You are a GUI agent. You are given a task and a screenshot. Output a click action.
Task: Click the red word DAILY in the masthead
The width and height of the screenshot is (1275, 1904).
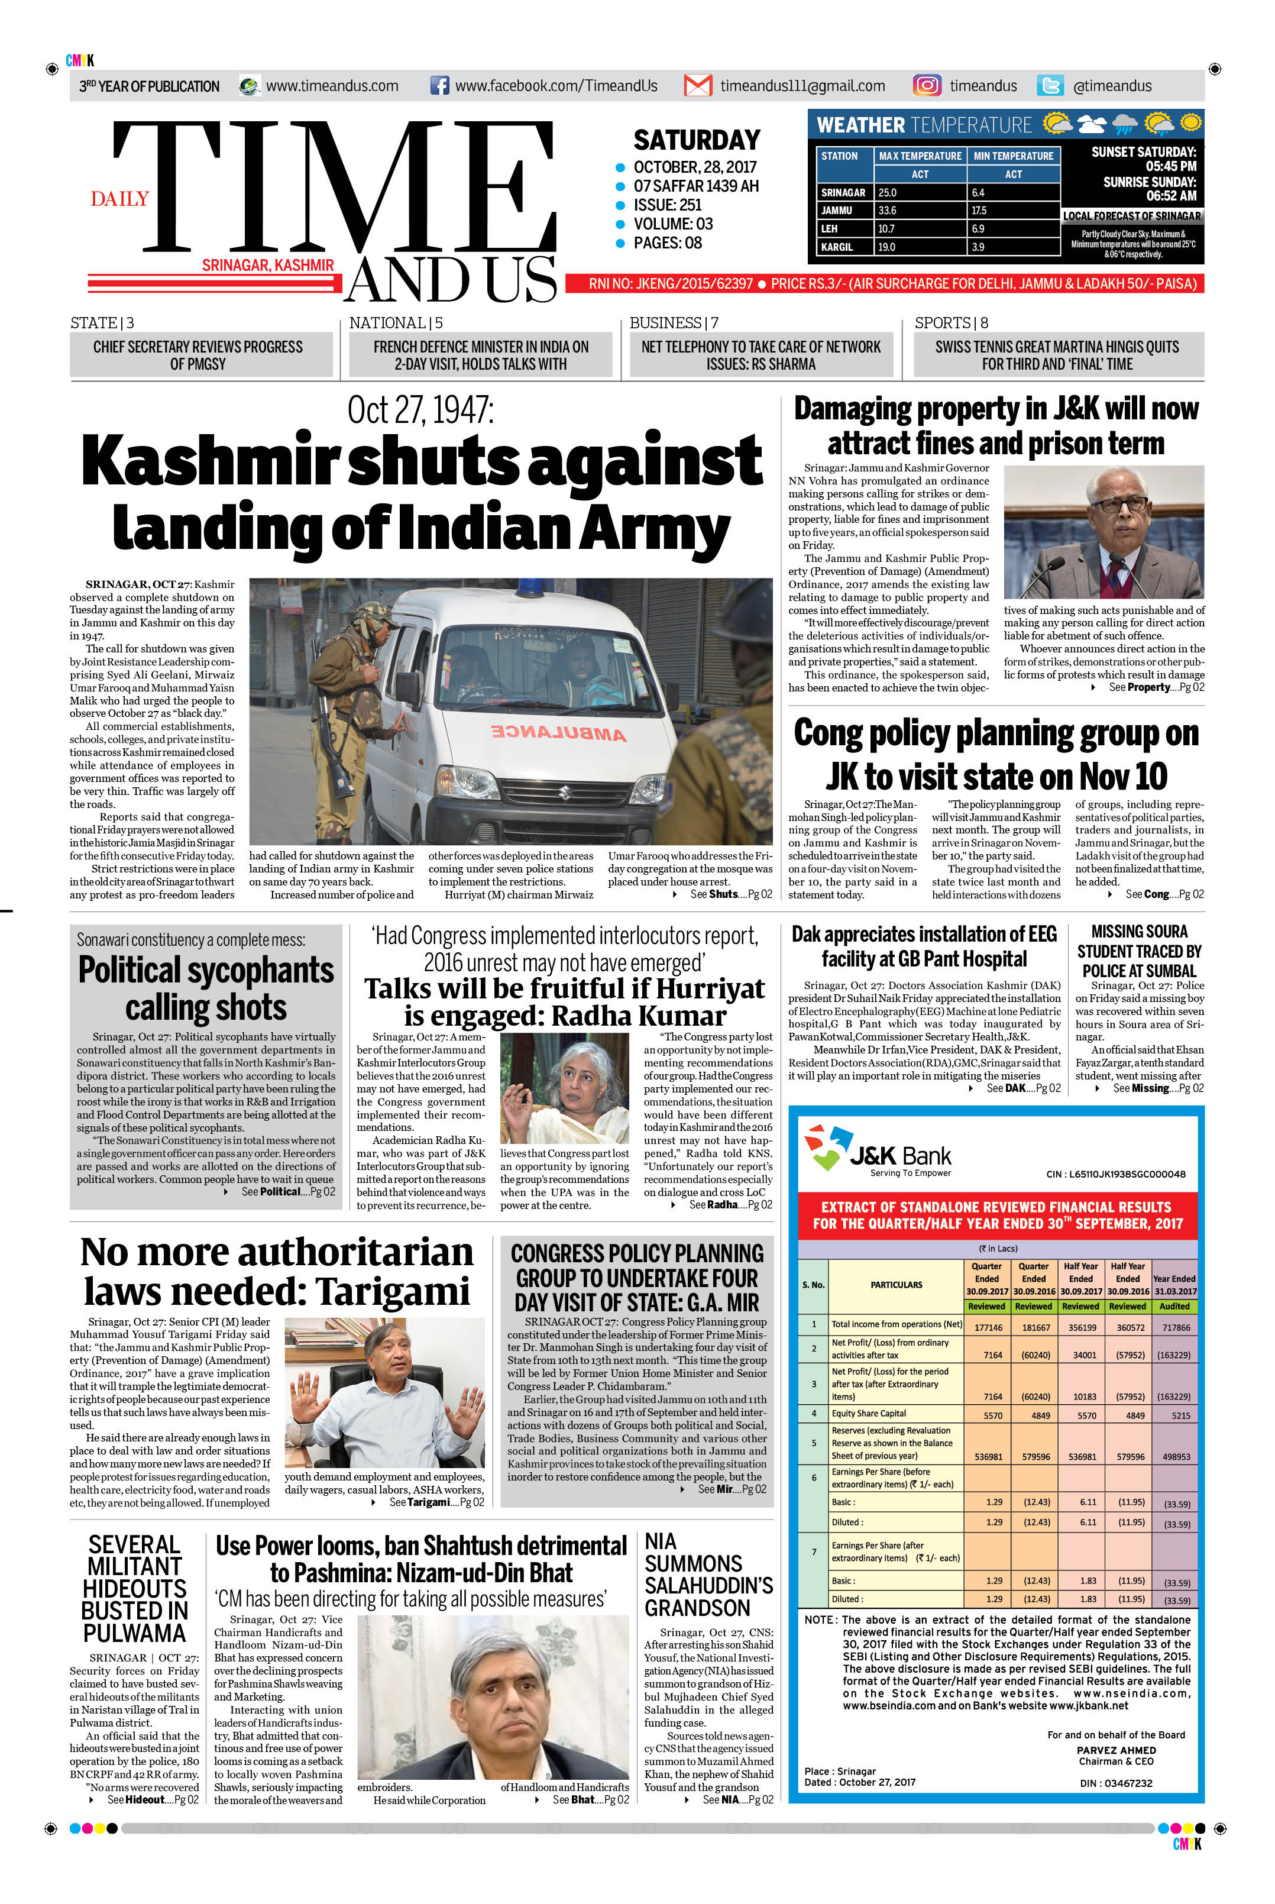click(119, 199)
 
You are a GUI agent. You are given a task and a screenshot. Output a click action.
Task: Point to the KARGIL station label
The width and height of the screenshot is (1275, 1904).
click(837, 247)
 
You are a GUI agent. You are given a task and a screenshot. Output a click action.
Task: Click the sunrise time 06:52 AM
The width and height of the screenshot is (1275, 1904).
click(1171, 196)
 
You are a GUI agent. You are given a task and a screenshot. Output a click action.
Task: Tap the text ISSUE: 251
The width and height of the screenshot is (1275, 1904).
click(667, 205)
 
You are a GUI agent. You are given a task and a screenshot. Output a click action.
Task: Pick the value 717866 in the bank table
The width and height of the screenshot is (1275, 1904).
click(1176, 1327)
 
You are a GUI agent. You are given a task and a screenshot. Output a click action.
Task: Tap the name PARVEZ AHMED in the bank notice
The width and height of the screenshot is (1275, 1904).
click(1115, 1750)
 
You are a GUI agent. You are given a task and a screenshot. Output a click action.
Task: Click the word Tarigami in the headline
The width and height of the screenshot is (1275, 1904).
click(394, 1292)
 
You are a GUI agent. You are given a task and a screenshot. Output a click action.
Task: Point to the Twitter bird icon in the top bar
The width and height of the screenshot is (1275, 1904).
click(1050, 85)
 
